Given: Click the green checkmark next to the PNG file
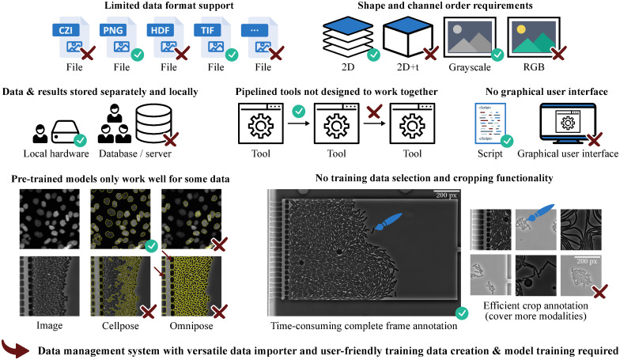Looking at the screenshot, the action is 136,55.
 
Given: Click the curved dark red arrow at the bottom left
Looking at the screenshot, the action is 20,347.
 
